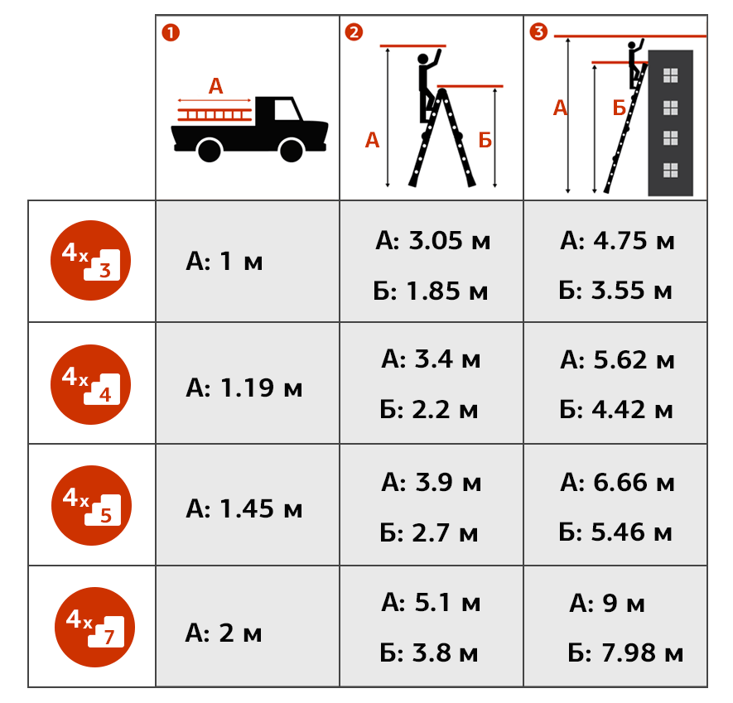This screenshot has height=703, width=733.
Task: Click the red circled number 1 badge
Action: point(171,33)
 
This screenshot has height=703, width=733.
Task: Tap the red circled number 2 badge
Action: point(354,31)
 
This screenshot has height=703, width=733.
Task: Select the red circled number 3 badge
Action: point(538,31)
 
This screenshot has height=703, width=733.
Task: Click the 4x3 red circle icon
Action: point(90,260)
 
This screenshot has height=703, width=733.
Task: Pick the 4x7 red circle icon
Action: point(95,628)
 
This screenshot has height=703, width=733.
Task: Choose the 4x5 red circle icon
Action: point(92,505)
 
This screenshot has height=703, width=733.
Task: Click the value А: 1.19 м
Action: point(244,388)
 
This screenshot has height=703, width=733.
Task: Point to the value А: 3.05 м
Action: point(433,241)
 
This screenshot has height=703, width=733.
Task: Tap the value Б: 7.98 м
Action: point(625,652)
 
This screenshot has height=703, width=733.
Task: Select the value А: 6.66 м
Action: point(617,482)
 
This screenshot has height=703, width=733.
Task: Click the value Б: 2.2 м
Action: point(429,409)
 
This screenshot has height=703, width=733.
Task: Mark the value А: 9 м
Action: point(607,603)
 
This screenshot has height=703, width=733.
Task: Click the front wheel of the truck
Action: point(292,151)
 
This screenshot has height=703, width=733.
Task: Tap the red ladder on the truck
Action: point(215,114)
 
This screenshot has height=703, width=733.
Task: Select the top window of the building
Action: point(670,75)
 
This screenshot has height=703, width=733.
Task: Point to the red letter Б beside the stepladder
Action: point(485,140)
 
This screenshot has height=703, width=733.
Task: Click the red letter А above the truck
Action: point(215,86)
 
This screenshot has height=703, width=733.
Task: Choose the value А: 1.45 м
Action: point(244,508)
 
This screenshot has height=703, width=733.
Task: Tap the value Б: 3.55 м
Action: point(615,291)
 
